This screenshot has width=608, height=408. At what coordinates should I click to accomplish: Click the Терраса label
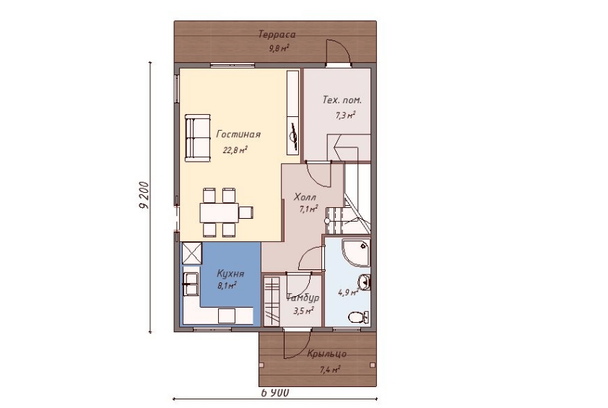tap(277, 35)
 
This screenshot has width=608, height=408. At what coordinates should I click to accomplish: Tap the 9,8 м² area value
tap(279, 48)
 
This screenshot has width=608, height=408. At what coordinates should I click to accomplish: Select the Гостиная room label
tap(238, 134)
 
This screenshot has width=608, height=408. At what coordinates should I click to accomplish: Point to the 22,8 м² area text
tap(235, 150)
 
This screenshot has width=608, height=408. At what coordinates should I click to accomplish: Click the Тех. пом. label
tap(342, 100)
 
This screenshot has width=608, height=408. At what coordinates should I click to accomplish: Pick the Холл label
tap(305, 197)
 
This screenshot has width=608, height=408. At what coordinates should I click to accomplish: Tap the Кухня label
tap(230, 274)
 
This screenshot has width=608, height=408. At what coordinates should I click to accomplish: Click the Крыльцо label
tap(327, 354)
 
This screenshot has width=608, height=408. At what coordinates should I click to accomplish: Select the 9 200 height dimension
tap(144, 195)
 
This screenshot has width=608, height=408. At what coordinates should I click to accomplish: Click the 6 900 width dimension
tap(275, 393)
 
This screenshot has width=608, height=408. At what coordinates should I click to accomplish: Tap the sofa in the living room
tap(197, 138)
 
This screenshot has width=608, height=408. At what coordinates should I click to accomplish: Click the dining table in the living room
tap(220, 212)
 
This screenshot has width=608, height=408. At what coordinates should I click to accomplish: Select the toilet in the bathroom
tap(359, 318)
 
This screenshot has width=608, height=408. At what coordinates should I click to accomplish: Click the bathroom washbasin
tap(364, 282)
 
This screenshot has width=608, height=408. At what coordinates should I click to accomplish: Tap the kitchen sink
tap(191, 284)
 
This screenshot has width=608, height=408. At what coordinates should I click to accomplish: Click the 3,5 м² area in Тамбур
tap(303, 311)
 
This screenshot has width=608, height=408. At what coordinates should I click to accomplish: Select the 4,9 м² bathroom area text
tap(347, 292)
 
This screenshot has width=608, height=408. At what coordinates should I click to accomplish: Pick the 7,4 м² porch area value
tap(331, 369)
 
